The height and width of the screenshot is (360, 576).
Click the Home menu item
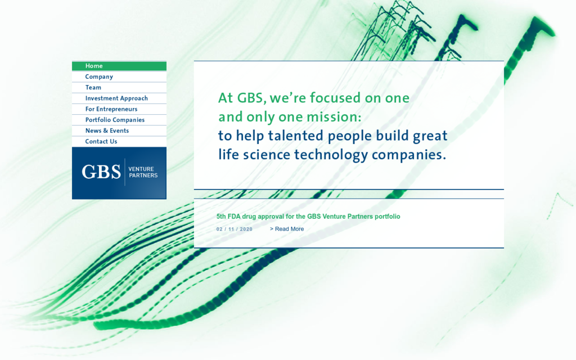pyautogui.click(x=94, y=66)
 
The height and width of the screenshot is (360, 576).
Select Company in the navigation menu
pyautogui.click(x=99, y=76)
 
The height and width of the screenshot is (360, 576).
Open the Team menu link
pyautogui.click(x=93, y=87)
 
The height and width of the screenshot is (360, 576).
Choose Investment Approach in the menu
pyautogui.click(x=116, y=98)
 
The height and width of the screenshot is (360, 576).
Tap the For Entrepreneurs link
pyautogui.click(x=111, y=109)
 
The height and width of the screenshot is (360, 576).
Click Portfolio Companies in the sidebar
pyautogui.click(x=115, y=120)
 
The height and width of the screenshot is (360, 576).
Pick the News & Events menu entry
pyautogui.click(x=107, y=130)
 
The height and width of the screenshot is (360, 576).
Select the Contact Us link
pyautogui.click(x=101, y=141)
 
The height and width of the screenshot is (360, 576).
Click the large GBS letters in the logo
pyautogui.click(x=101, y=172)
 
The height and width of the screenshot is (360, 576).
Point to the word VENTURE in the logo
pyautogui.click(x=141, y=169)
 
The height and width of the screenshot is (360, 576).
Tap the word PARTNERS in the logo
pyautogui.click(x=143, y=175)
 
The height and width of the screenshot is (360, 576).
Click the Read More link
pyautogui.click(x=287, y=229)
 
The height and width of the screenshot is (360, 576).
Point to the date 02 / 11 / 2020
pyautogui.click(x=235, y=229)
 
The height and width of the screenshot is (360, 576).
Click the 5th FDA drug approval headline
pyautogui.click(x=308, y=216)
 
